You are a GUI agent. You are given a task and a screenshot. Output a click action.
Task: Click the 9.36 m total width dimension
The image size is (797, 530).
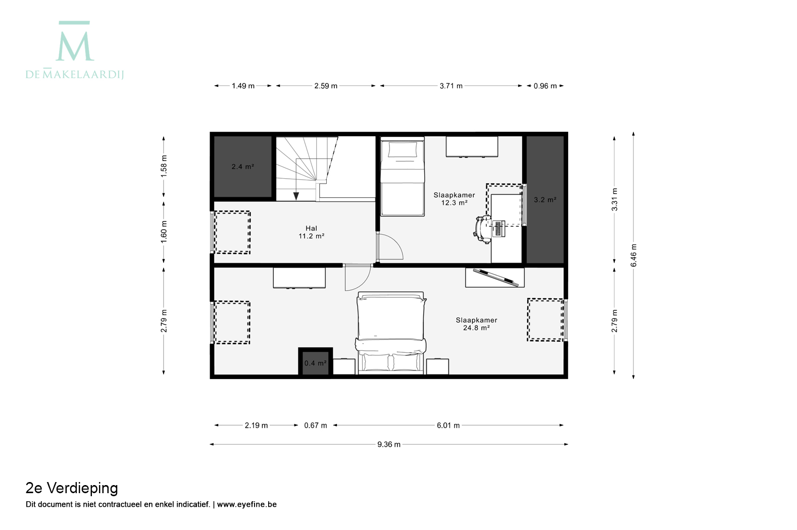click(389, 444)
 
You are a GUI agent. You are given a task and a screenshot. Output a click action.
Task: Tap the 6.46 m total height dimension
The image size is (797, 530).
click(633, 255)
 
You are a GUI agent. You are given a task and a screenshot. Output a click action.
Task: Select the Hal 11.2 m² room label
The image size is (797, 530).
click(311, 232)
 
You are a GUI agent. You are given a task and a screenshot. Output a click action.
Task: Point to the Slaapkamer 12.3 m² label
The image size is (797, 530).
click(454, 199)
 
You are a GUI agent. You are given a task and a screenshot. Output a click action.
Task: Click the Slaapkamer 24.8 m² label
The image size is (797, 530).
click(476, 324)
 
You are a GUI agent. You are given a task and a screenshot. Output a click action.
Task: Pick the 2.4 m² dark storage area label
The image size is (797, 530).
click(242, 167)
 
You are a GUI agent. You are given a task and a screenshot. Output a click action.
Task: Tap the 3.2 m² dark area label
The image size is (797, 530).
click(545, 200)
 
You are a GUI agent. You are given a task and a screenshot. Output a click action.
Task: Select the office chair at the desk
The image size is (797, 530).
click(482, 230)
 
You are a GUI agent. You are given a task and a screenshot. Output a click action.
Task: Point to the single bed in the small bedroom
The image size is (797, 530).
click(403, 177)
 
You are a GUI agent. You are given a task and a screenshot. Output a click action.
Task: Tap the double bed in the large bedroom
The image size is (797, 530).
click(391, 333)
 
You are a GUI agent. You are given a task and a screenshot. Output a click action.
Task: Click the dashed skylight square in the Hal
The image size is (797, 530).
click(232, 232)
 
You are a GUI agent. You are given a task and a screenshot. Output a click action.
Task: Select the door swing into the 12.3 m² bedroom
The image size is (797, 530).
click(390, 246)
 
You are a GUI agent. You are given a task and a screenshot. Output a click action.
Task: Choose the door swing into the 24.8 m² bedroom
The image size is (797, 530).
click(358, 278)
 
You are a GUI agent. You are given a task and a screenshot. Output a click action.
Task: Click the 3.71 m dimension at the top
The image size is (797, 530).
click(451, 86)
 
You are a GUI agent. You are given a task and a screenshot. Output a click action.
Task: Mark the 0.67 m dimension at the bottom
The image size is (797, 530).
click(315, 426)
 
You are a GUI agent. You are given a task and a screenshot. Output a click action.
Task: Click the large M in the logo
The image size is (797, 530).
click(74, 46)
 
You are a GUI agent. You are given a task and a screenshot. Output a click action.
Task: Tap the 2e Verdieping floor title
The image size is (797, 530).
click(72, 488)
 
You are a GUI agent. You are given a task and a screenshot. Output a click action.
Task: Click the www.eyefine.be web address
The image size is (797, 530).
click(246, 504)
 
